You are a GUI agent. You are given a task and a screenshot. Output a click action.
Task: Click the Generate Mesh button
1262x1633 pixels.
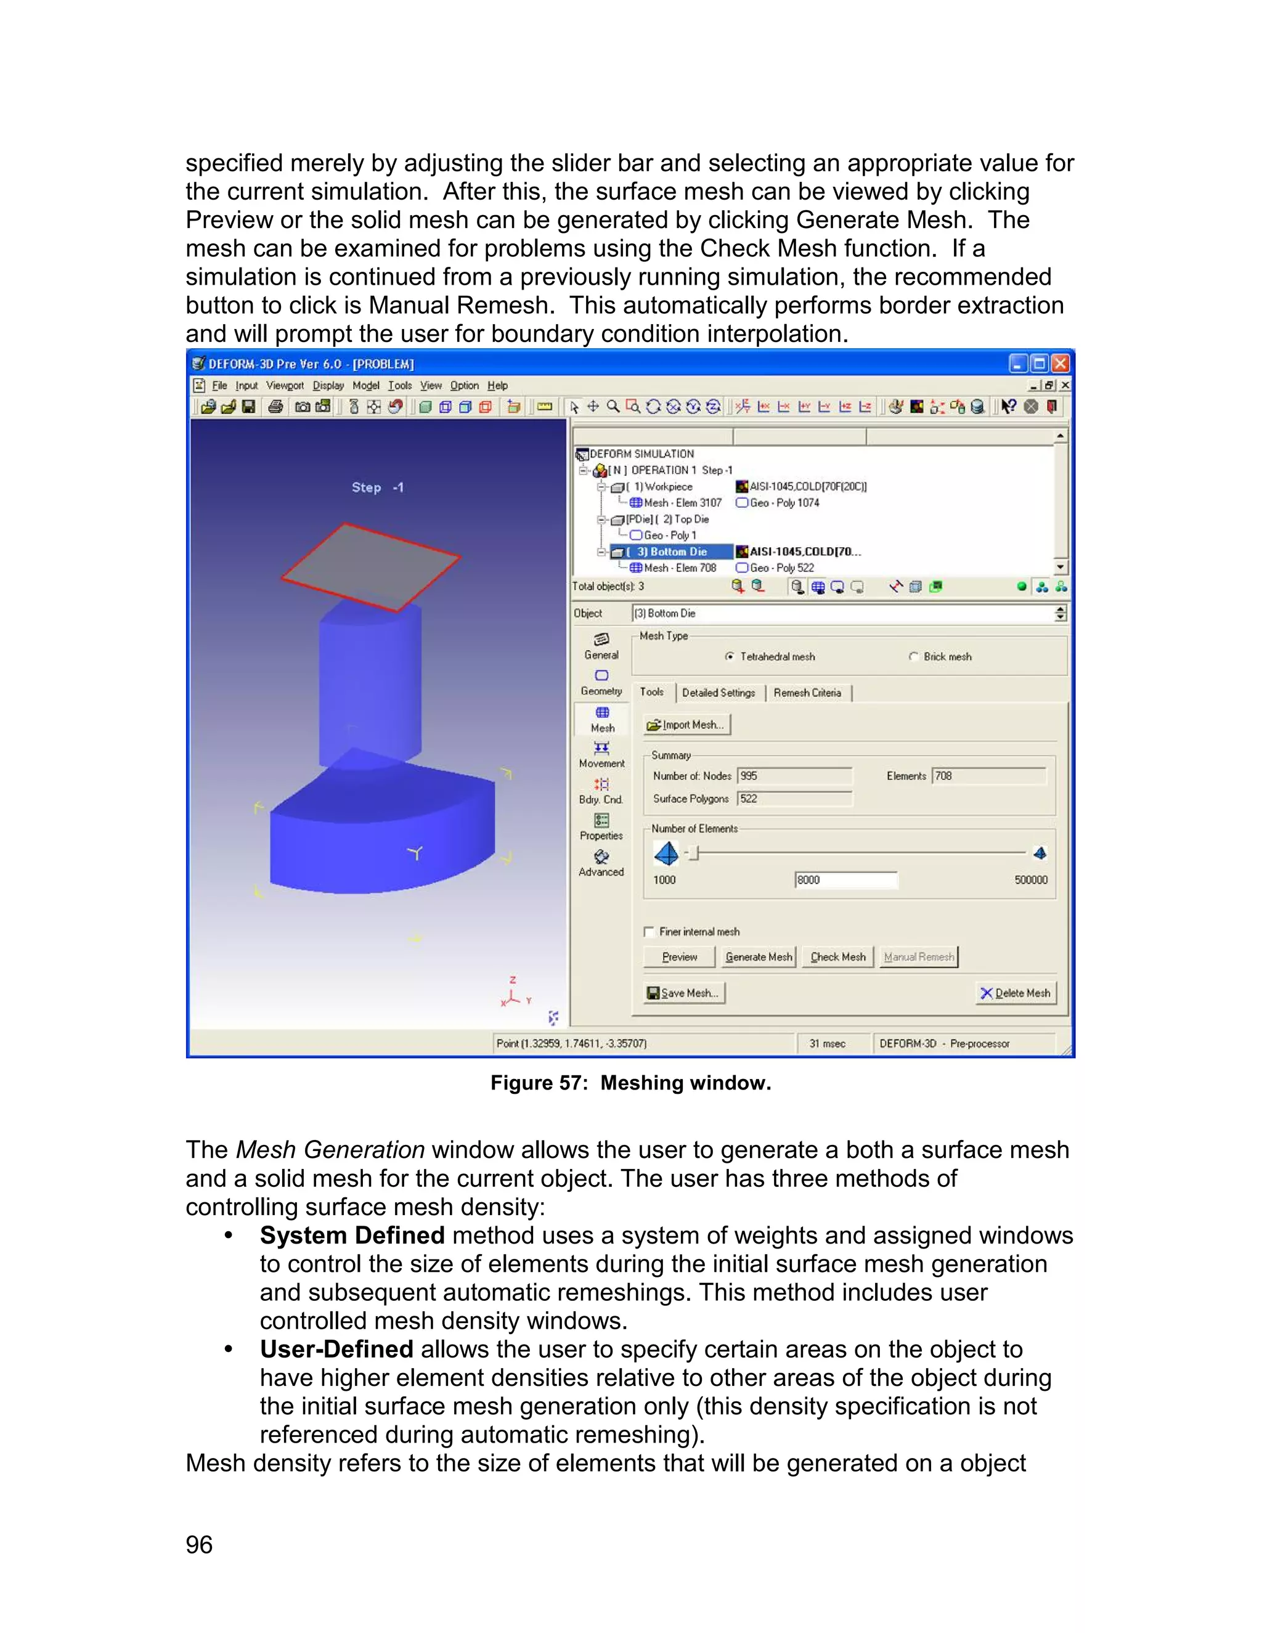pyautogui.click(x=758, y=957)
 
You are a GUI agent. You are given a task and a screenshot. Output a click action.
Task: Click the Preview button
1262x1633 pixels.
pyautogui.click(x=679, y=957)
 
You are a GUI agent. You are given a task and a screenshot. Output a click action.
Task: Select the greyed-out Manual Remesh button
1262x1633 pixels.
pyautogui.click(x=918, y=957)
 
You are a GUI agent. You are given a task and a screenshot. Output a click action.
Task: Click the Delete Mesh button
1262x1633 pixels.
pyautogui.click(x=1016, y=993)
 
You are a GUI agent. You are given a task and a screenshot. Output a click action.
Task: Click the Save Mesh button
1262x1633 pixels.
pyautogui.click(x=684, y=993)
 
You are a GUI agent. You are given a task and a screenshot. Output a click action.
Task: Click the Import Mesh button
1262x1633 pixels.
pyautogui.click(x=686, y=725)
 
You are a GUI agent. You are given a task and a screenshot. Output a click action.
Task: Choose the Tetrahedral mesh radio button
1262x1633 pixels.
pyautogui.click(x=730, y=656)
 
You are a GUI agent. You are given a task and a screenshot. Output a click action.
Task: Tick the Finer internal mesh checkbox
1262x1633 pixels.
pyautogui.click(x=649, y=932)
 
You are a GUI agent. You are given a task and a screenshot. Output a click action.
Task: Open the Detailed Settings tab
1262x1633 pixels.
pyautogui.click(x=719, y=693)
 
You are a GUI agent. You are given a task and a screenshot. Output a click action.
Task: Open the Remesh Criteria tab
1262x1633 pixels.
pyautogui.click(x=807, y=693)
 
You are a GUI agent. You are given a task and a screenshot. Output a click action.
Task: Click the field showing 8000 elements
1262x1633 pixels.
pyautogui.click(x=845, y=880)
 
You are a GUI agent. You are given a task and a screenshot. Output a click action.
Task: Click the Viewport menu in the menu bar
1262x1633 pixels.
pyautogui.click(x=285, y=386)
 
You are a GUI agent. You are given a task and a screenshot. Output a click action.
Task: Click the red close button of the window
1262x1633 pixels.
pyautogui.click(x=1060, y=364)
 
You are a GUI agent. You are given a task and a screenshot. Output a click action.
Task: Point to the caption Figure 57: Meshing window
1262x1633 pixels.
pyautogui.click(x=630, y=1083)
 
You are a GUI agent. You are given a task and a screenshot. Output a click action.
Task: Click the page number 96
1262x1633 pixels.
pyautogui.click(x=199, y=1545)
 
